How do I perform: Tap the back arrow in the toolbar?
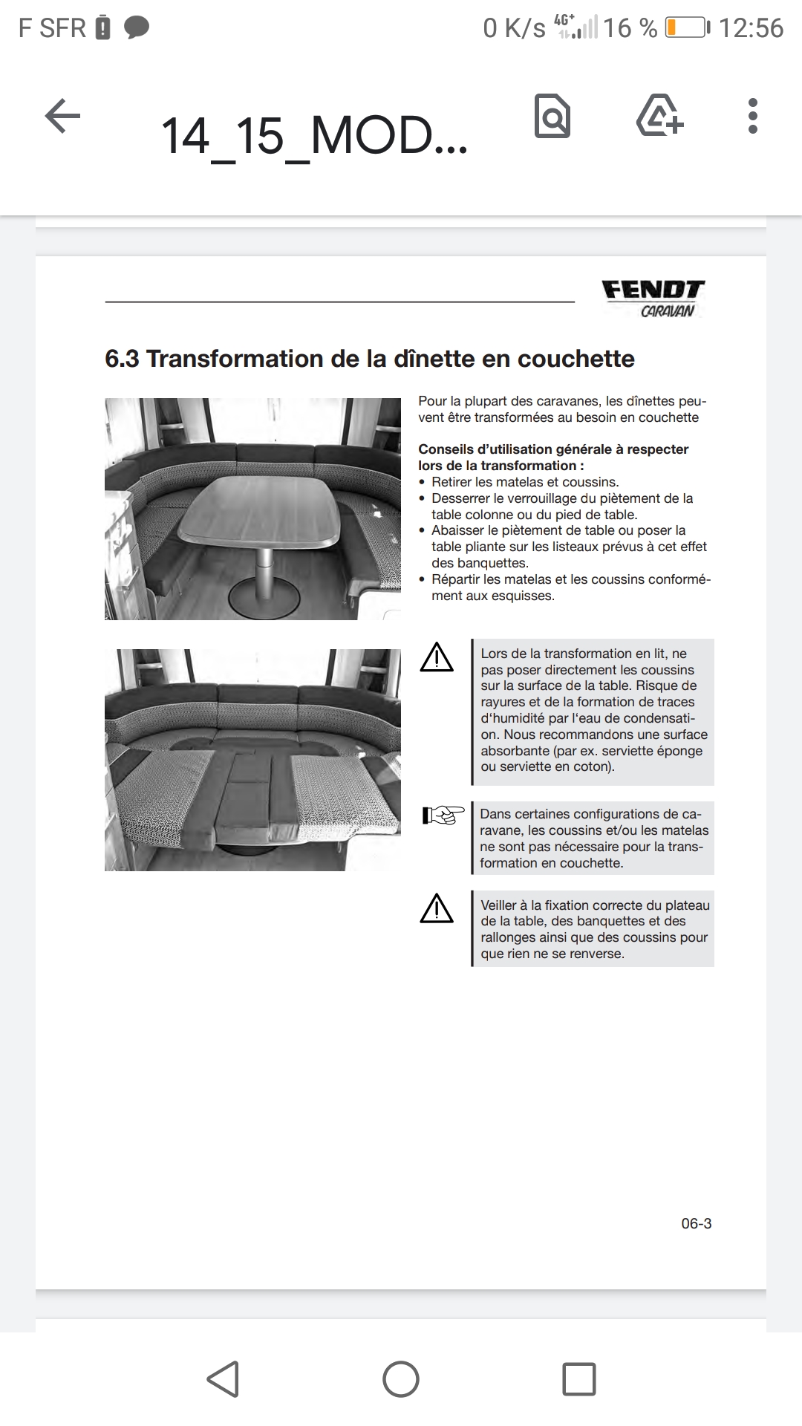tap(63, 117)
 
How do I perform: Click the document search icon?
tap(552, 117)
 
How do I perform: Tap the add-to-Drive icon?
tap(660, 116)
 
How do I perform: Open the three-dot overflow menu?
tap(753, 117)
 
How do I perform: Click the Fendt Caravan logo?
tap(653, 298)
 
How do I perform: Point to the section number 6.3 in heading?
tap(122, 359)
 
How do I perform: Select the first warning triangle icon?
tap(437, 658)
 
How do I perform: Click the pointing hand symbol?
tap(443, 815)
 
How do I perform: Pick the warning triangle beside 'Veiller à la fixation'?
tap(437, 909)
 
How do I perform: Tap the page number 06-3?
tap(696, 1223)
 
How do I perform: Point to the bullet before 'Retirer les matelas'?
tap(423, 482)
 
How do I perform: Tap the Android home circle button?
tap(401, 1379)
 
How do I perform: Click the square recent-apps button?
tap(579, 1379)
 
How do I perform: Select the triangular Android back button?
tap(223, 1379)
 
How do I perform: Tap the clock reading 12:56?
tap(751, 28)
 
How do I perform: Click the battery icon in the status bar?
tap(687, 28)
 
